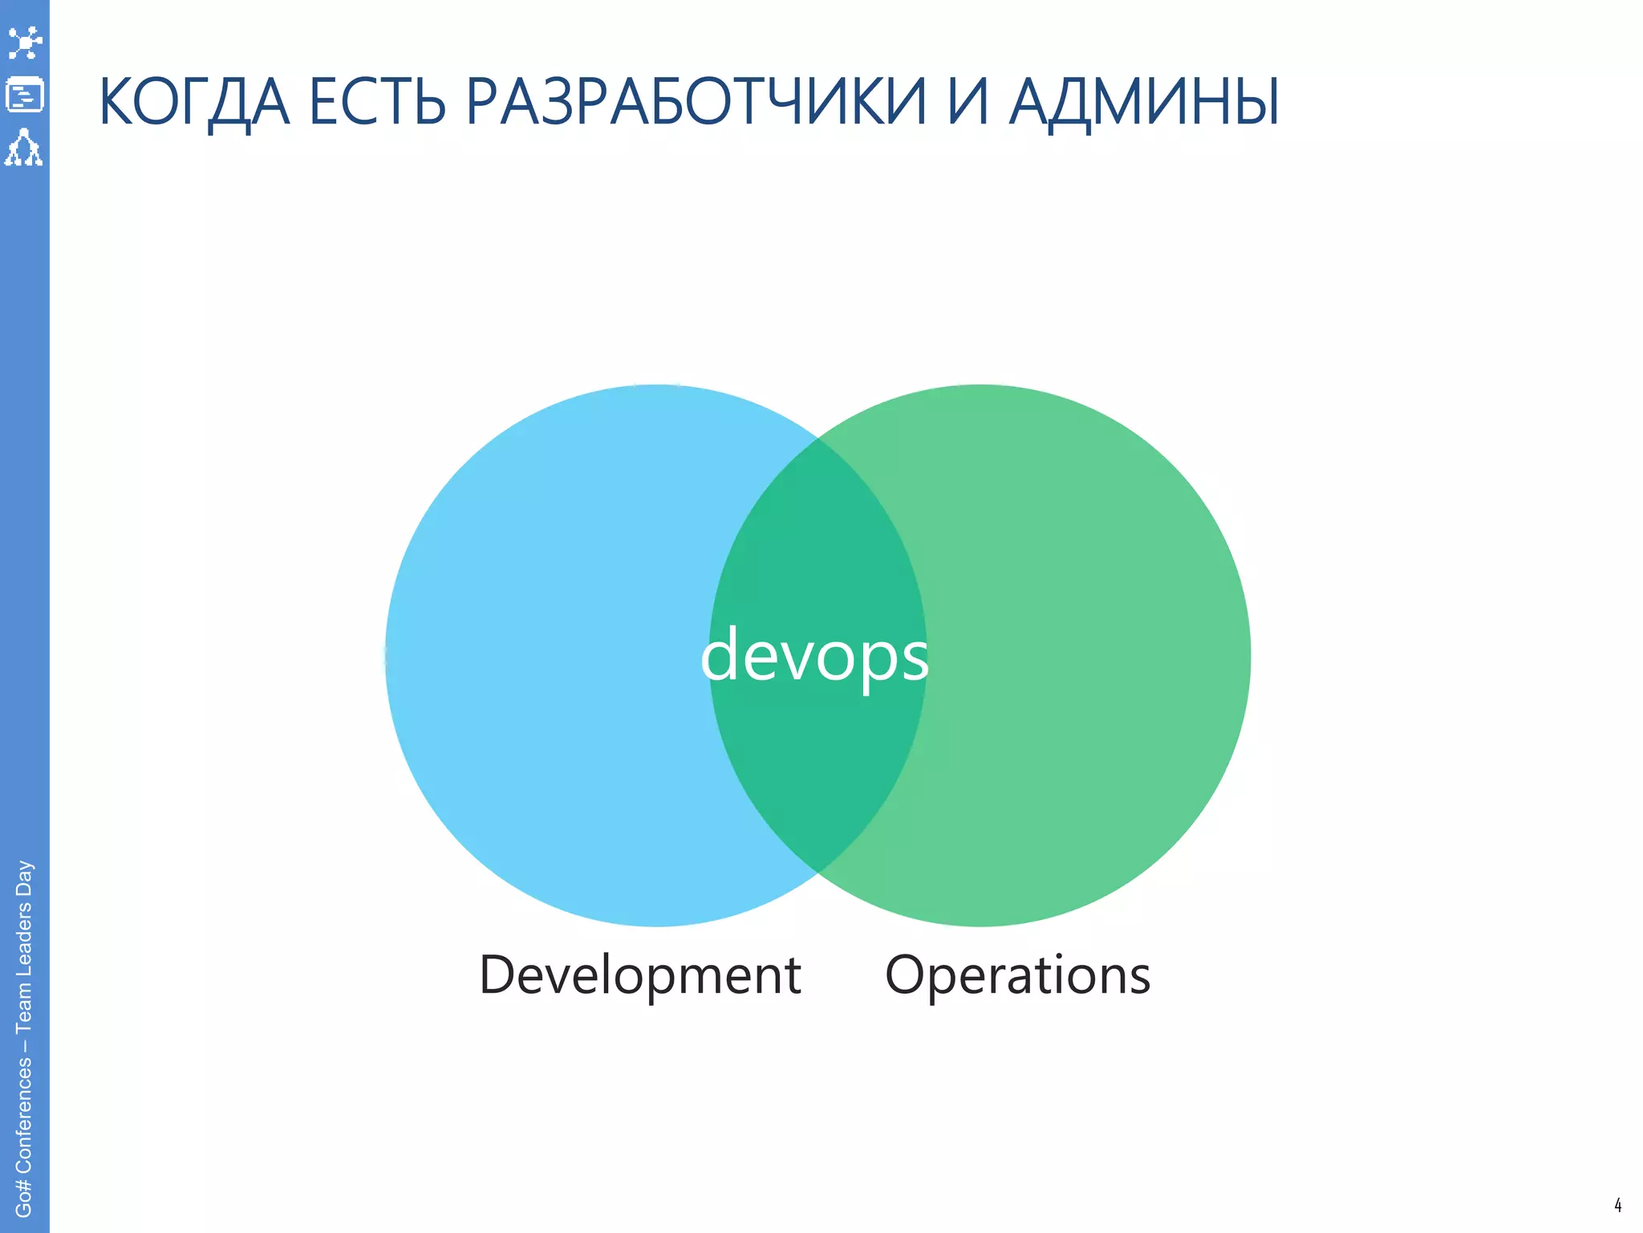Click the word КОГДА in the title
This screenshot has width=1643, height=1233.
click(193, 103)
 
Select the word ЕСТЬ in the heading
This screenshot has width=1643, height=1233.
click(377, 103)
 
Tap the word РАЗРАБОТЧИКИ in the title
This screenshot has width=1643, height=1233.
click(696, 103)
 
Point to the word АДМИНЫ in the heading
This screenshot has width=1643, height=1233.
click(1144, 103)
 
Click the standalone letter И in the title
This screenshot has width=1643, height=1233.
click(968, 103)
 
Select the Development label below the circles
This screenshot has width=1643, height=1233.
click(639, 975)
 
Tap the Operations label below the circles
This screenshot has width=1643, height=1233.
click(1017, 975)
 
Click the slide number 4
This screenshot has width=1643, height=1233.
click(1617, 1205)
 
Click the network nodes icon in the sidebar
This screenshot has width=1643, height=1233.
click(24, 43)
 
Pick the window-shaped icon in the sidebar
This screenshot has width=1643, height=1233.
click(24, 95)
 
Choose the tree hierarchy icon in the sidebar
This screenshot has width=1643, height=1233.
click(24, 148)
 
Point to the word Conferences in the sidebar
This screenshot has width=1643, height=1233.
click(24, 1115)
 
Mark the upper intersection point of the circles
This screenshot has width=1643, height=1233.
click(817, 439)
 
